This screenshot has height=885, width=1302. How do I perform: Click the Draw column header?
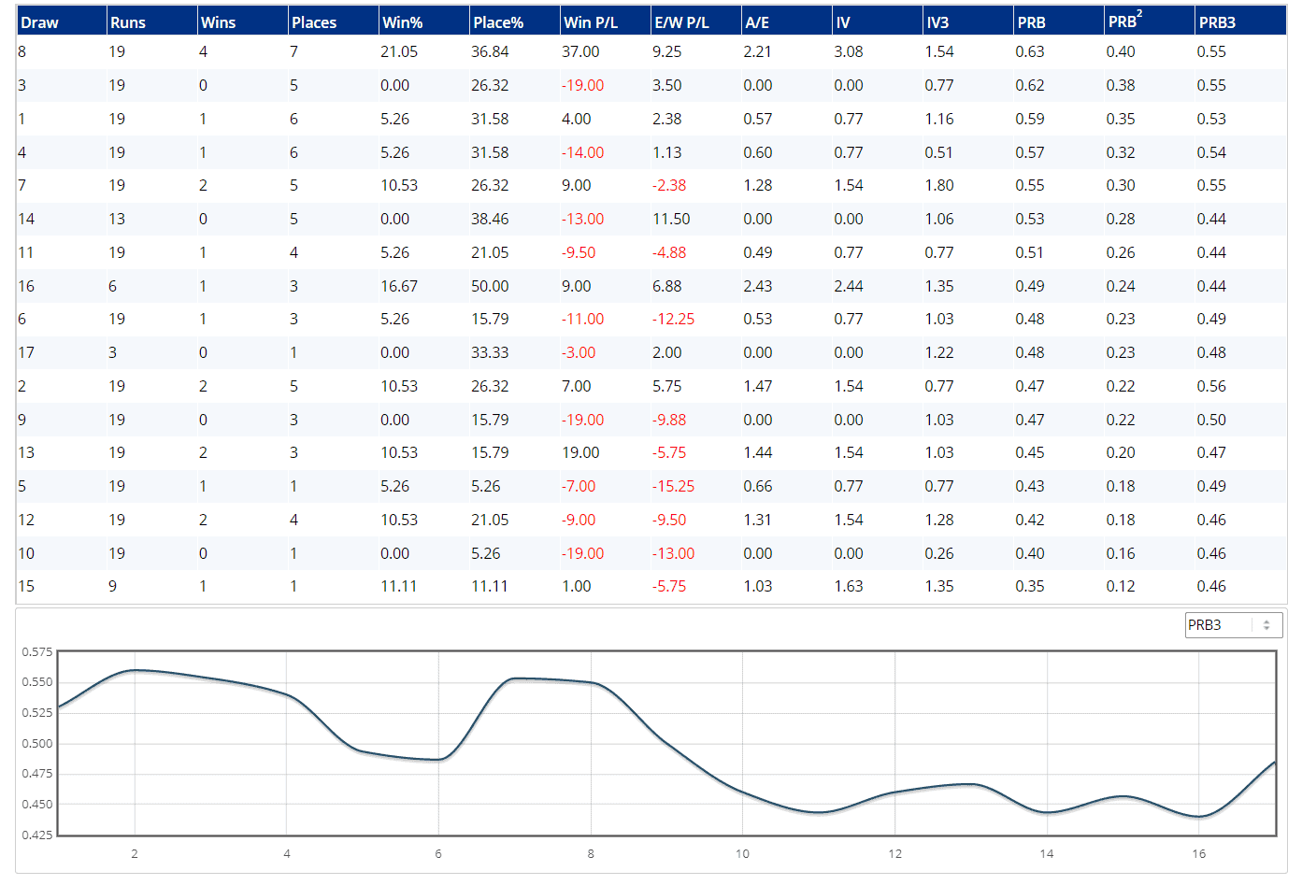point(39,22)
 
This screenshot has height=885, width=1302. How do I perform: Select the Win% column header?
point(402,22)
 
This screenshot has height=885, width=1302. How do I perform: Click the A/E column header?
point(757,22)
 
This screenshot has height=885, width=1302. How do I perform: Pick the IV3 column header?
point(937,22)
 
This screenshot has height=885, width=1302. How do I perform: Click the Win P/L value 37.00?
point(580,52)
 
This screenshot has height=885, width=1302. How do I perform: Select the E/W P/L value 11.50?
point(671,220)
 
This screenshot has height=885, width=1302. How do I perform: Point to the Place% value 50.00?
point(490,287)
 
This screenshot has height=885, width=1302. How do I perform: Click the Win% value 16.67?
point(399,287)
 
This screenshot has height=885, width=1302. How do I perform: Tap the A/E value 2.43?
point(757,287)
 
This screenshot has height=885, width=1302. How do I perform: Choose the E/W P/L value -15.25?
point(673,487)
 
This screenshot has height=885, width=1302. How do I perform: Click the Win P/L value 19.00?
point(580,453)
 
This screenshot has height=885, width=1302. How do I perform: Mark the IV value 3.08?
point(848,52)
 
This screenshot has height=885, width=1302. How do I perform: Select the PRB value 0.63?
point(1030,52)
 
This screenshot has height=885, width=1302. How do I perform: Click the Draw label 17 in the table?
point(26,353)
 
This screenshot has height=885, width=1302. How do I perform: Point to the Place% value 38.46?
point(490,220)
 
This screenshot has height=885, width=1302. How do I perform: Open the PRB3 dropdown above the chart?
point(1233,625)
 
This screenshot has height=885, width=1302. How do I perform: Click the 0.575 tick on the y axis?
point(37,652)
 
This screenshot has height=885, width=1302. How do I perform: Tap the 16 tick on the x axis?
point(1198,854)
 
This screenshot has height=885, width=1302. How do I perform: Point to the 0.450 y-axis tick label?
point(37,805)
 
